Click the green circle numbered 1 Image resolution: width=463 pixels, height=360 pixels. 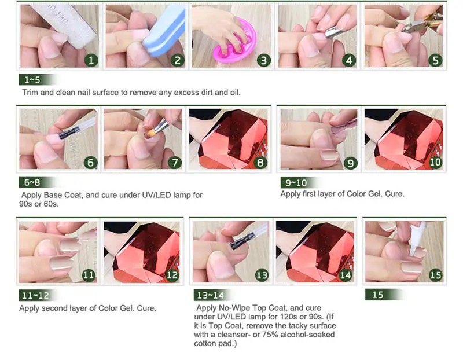91,60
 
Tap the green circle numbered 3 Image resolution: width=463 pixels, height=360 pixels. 264,60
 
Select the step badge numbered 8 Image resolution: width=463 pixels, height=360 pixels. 260,163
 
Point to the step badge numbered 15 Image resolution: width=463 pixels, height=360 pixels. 436,275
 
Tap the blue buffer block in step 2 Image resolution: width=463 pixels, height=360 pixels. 164,32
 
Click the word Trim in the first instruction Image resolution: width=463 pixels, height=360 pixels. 30,93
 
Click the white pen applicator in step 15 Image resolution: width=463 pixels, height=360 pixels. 417,239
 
